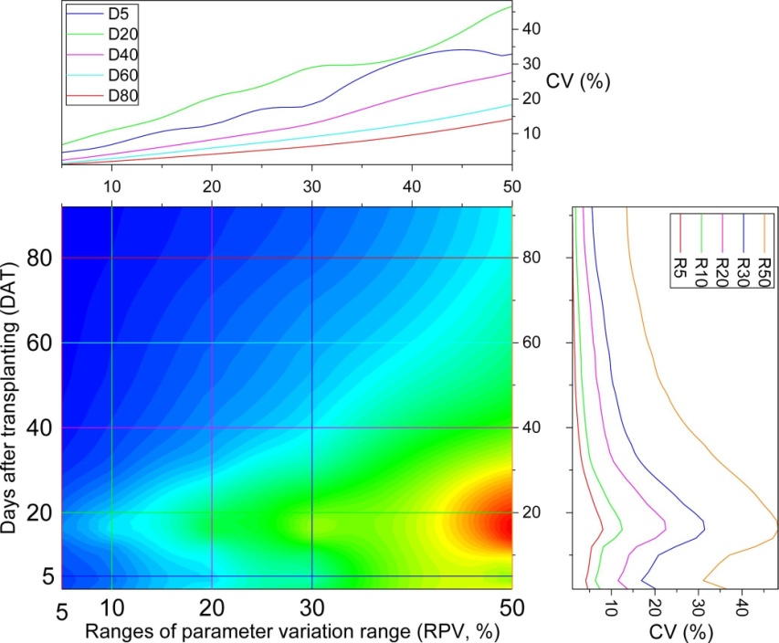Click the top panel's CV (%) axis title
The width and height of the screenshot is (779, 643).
(577, 81)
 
